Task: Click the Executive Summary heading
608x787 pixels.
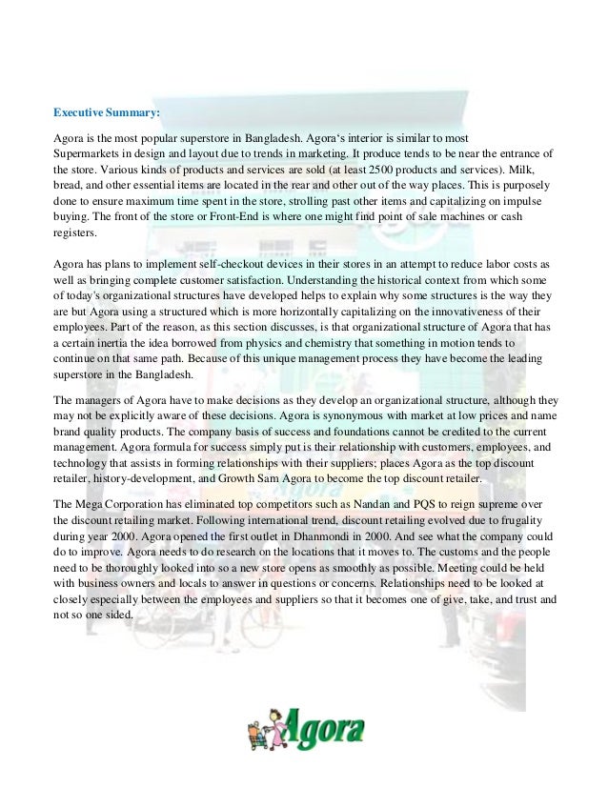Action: pyautogui.click(x=107, y=113)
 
